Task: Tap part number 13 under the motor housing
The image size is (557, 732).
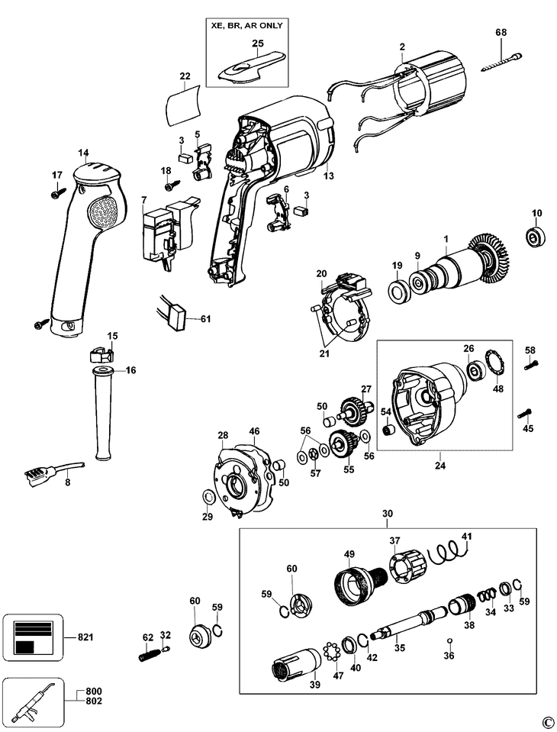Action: point(329,176)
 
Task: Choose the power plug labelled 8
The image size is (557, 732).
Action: point(51,472)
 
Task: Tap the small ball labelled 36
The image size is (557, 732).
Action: point(449,640)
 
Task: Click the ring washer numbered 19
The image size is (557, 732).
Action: point(398,292)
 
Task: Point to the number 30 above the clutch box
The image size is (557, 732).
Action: point(387,513)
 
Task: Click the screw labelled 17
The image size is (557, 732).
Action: point(57,192)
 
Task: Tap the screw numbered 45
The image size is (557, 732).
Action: point(524,413)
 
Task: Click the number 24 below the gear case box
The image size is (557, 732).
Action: point(440,466)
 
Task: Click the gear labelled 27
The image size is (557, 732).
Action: point(356,408)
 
